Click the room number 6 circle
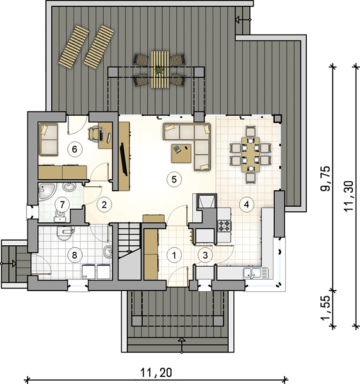[74, 149]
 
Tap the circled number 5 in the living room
[174, 179]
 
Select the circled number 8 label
[74, 255]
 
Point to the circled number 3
[205, 255]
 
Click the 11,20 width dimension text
[156, 372]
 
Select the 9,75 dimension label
[326, 179]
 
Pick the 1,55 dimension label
[326, 308]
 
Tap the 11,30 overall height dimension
[348, 196]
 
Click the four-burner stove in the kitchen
[225, 226]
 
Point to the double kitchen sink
[256, 273]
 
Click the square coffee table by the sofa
[181, 154]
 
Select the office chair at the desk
[94, 134]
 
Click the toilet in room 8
[64, 233]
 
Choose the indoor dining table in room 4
[250, 154]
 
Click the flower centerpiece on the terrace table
[160, 70]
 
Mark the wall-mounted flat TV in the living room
[124, 160]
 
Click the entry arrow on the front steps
[181, 346]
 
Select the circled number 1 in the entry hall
[174, 255]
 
